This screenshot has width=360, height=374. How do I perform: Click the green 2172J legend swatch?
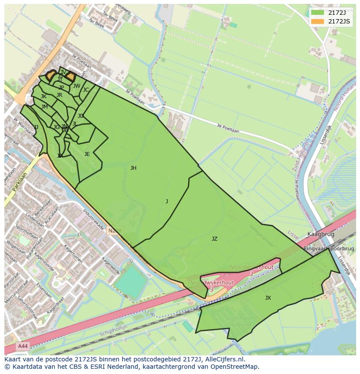click(x=317, y=12)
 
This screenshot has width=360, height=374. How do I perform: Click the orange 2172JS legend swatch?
click(x=317, y=21)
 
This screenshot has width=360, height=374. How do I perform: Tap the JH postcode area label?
click(x=133, y=168)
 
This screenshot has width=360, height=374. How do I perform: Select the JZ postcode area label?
click(x=214, y=239)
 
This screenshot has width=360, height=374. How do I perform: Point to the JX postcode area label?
click(x=268, y=298)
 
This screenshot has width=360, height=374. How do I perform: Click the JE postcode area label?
click(x=87, y=154)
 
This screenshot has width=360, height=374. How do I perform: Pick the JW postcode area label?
click(x=77, y=86)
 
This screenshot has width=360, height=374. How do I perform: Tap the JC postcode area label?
click(x=86, y=90)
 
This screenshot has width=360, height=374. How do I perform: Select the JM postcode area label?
click(x=44, y=107)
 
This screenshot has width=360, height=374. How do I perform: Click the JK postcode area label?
click(x=43, y=96)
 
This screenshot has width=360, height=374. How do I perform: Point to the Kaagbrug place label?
click(x=321, y=234)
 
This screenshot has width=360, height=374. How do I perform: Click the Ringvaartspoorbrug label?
click(x=329, y=249)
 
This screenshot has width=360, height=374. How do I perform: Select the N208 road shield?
click(x=115, y=231)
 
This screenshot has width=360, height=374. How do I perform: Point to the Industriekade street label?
click(x=93, y=220)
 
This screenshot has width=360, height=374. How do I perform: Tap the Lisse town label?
click(x=293, y=235)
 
